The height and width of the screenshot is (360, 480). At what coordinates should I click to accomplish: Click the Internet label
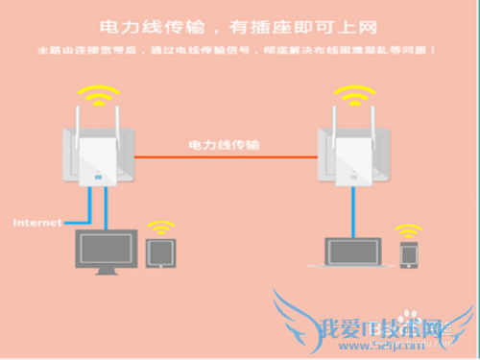click(36, 223)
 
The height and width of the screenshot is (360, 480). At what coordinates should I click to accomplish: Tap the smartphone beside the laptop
click(409, 255)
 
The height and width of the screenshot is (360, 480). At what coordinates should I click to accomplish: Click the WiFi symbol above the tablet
click(159, 228)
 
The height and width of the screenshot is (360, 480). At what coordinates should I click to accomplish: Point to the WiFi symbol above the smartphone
click(410, 231)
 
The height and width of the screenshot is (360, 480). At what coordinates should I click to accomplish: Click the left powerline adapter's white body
click(101, 158)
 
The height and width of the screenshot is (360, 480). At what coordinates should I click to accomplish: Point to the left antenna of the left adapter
click(78, 125)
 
